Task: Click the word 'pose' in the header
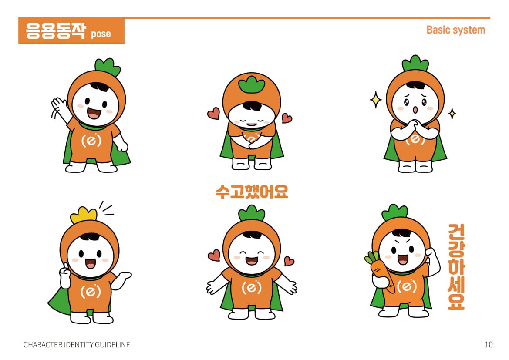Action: [101, 34]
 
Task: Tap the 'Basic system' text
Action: [456, 30]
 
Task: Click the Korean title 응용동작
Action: [56, 31]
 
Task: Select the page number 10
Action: [489, 344]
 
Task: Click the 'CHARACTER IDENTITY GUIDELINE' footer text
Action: [77, 345]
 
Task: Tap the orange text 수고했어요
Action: [252, 192]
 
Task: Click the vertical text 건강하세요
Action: [456, 266]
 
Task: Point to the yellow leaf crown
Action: [84, 215]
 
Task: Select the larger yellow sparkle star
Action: [376, 100]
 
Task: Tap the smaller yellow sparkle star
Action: [452, 113]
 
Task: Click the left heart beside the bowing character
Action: [214, 113]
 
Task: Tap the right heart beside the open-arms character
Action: [288, 261]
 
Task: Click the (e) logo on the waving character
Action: [91, 141]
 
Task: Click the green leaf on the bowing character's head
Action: [252, 84]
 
